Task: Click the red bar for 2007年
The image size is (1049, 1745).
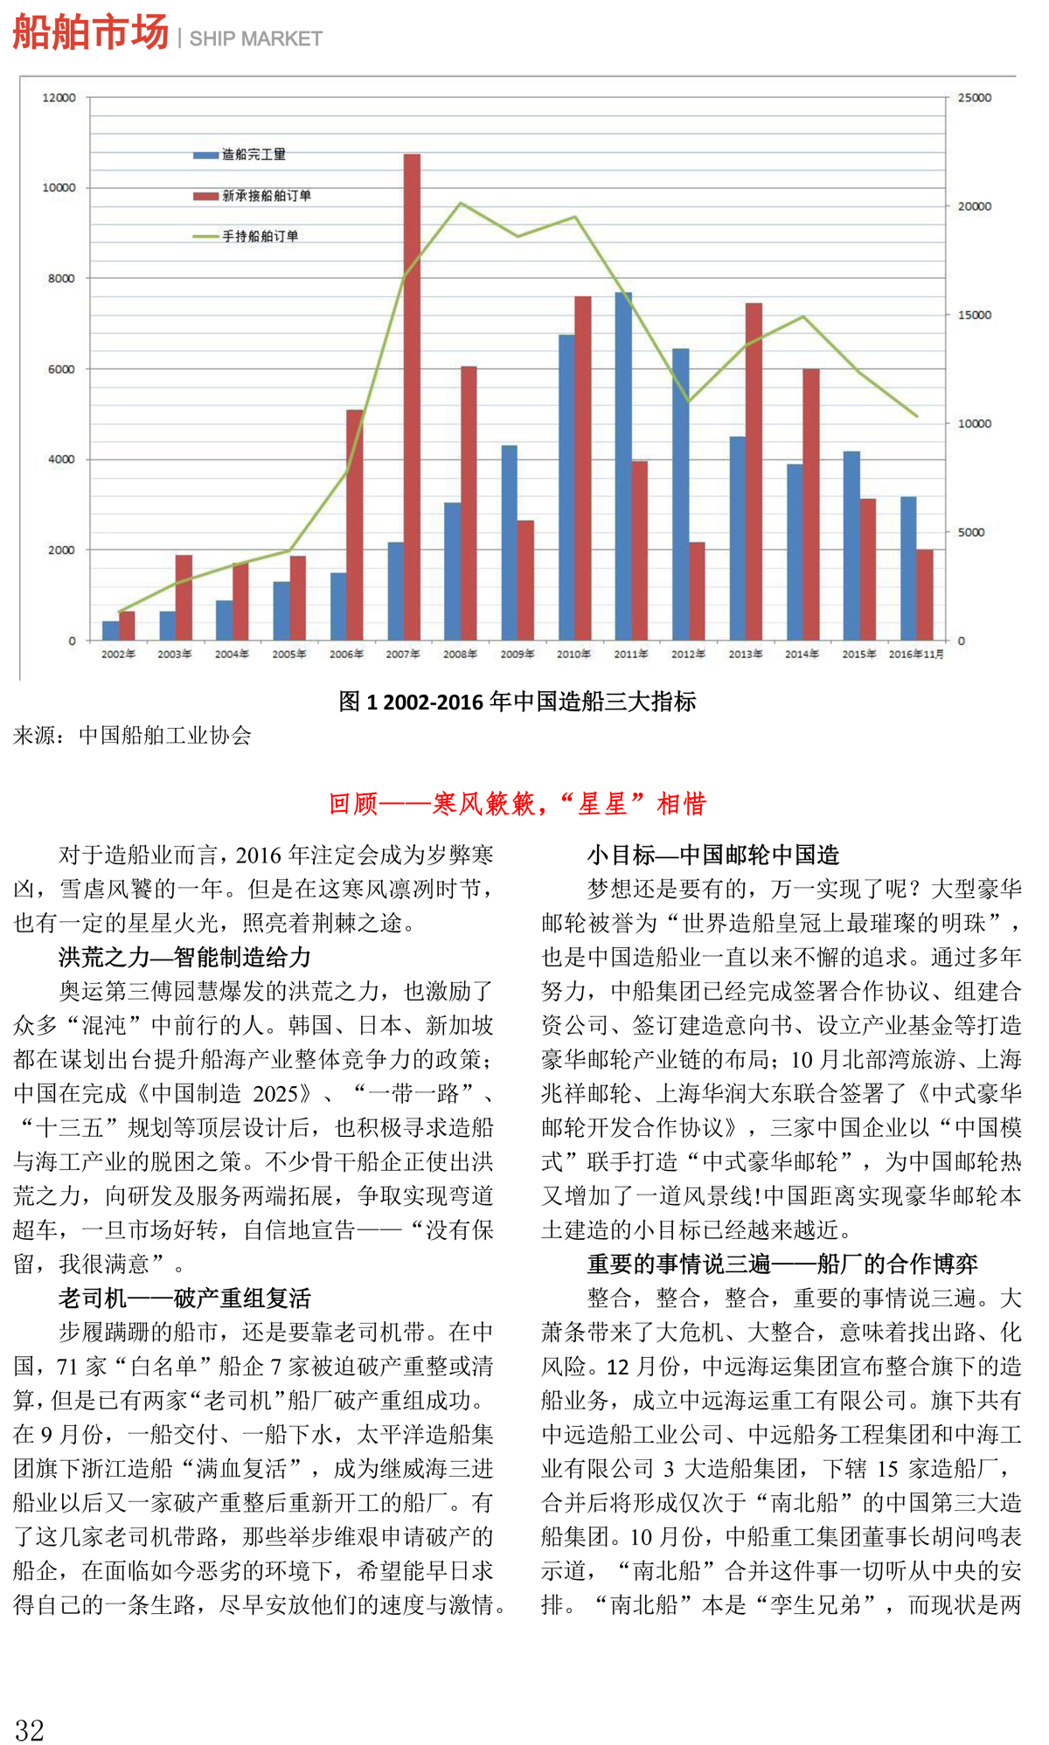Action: pyautogui.click(x=412, y=397)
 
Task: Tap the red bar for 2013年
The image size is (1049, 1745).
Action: pyautogui.click(x=754, y=471)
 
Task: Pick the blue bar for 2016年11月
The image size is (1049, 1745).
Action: pyautogui.click(x=908, y=568)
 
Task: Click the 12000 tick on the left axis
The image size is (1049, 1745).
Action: pyautogui.click(x=59, y=98)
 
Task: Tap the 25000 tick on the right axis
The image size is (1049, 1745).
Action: pyautogui.click(x=974, y=98)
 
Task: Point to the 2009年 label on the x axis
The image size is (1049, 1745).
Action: pyautogui.click(x=517, y=654)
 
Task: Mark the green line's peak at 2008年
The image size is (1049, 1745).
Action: pyautogui.click(x=461, y=204)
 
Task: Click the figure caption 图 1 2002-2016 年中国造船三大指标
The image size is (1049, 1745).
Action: pyautogui.click(x=518, y=701)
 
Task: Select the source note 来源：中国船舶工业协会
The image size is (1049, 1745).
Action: pyautogui.click(x=132, y=736)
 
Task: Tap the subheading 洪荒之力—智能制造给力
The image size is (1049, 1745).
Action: pyautogui.click(x=184, y=957)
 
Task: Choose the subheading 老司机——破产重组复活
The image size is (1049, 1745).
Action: pyautogui.click(x=184, y=1298)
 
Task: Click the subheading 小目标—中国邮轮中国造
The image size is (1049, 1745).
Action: pyautogui.click(x=712, y=855)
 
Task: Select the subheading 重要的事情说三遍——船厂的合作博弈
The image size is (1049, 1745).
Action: pyautogui.click(x=782, y=1264)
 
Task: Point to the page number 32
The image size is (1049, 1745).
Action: pyautogui.click(x=30, y=1729)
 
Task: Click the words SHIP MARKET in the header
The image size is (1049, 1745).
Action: pyautogui.click(x=255, y=38)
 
